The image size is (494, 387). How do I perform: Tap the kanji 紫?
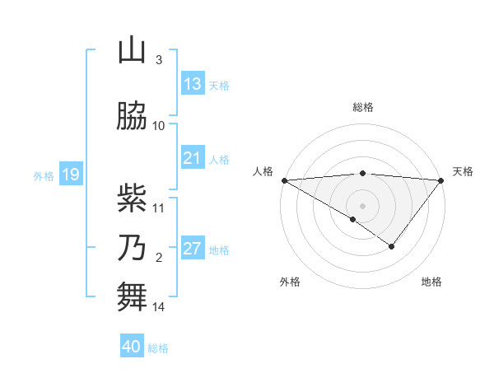[132, 198]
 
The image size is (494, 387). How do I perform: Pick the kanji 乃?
[132, 248]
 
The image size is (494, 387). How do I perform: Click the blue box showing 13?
[192, 84]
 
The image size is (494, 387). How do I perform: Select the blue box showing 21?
[192, 158]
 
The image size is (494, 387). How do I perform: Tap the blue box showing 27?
[192, 249]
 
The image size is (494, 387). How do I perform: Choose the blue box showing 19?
[70, 175]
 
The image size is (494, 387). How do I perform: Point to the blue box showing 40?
[132, 347]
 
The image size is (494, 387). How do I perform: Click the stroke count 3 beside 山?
[159, 60]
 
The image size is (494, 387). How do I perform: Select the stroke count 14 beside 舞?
[159, 308]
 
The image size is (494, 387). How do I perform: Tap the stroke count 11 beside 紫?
[159, 208]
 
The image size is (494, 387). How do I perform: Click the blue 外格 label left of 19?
[44, 175]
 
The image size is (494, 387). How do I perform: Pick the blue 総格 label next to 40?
[158, 348]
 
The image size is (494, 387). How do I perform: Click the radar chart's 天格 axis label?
[463, 171]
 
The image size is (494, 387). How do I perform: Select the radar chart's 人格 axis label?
[263, 171]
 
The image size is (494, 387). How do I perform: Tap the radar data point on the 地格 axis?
[392, 246]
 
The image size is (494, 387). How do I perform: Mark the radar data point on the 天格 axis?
[441, 180]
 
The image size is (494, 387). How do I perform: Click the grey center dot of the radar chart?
[362, 205]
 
